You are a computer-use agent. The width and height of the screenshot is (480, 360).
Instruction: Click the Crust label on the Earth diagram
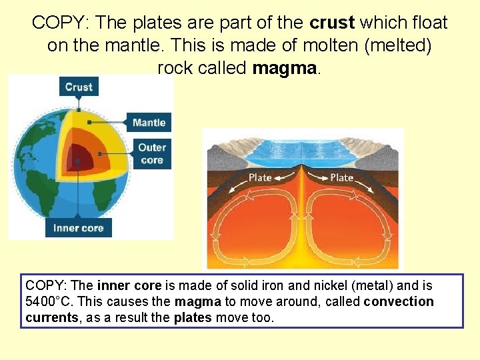pos(79,87)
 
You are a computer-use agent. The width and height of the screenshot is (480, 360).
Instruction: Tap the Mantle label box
pos(149,122)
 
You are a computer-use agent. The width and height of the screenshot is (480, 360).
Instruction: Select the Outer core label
pos(152,153)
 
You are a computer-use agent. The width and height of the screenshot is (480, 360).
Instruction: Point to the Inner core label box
pos(79,228)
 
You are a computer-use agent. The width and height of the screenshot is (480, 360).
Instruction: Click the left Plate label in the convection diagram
pos(260,177)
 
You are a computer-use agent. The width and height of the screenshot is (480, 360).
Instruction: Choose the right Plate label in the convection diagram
pos(342,177)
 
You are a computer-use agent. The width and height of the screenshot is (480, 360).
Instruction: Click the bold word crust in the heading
pos(332,23)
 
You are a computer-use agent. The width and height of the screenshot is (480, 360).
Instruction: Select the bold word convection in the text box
pos(399,301)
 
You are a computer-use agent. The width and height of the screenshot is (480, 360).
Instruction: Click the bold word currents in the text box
pos(51,317)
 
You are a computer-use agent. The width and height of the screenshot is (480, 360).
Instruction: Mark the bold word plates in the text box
pos(193,317)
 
